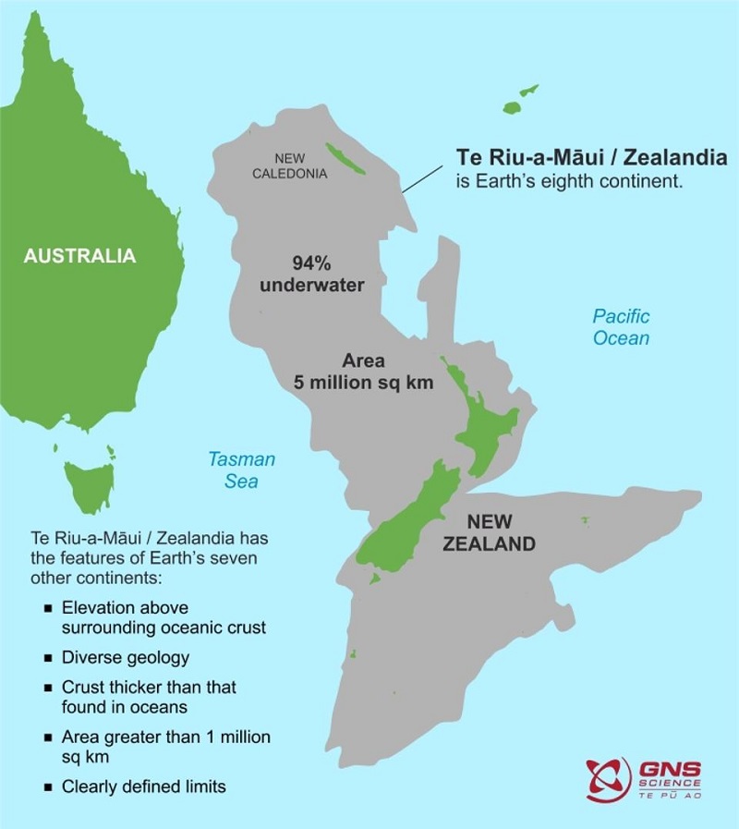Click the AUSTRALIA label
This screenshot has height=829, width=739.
coord(79,255)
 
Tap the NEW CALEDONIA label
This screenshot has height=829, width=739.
coord(290,165)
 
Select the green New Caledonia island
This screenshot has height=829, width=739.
coord(348,160)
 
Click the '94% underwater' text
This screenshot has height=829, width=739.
coord(311,273)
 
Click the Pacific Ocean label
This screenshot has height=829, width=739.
coord(621,327)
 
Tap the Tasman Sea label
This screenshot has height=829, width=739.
coord(241,469)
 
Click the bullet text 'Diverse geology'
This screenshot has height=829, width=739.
coord(126,658)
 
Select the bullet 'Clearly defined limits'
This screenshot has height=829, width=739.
coord(143,787)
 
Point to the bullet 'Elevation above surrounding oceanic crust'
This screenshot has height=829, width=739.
coord(164,617)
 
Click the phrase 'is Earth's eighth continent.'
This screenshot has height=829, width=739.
coord(569,181)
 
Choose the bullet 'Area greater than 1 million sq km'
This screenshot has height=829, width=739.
coord(165,747)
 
